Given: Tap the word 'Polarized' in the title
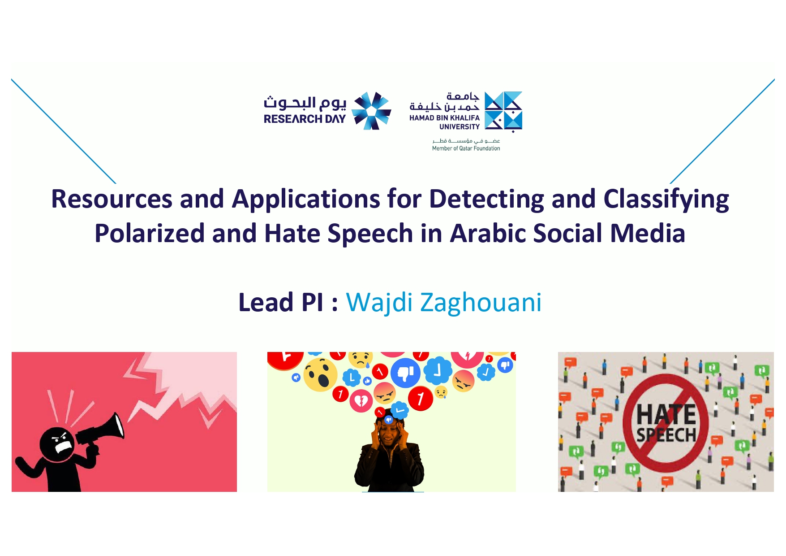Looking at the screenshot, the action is [x=150, y=233].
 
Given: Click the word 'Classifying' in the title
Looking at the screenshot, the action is [x=666, y=200].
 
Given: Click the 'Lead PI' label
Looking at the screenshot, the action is [x=281, y=302].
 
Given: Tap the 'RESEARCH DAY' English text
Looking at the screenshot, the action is [x=305, y=119].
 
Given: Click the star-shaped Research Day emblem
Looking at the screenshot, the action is [x=371, y=111].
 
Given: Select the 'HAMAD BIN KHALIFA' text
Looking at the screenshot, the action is [x=444, y=117].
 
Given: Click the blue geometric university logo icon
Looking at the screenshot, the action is [x=503, y=112].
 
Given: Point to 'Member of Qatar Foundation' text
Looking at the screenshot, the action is [x=466, y=148].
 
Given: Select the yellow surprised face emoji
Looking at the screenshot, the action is [x=320, y=374].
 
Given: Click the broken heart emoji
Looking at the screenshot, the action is [x=361, y=400].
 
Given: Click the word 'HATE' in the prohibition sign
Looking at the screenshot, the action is [x=666, y=414].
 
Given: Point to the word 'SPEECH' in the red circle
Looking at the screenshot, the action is [x=666, y=435].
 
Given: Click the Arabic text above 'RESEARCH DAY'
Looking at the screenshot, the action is [x=305, y=103].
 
